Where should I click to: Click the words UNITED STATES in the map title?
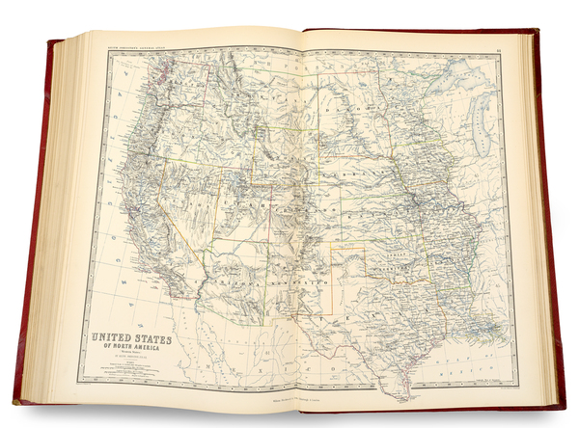pos(133,340)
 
